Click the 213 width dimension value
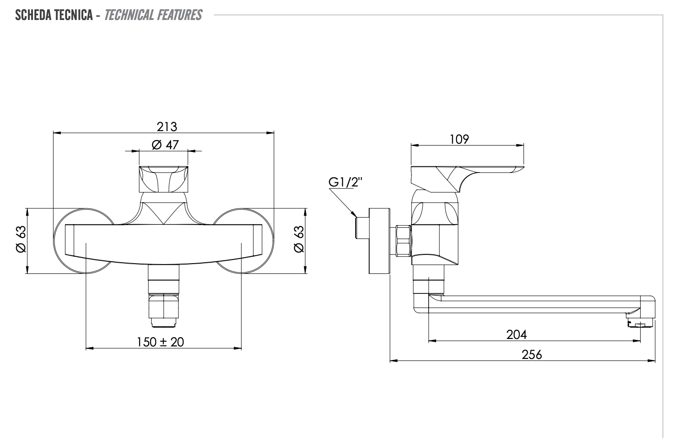pyautogui.click(x=167, y=126)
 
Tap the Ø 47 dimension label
pyautogui.click(x=165, y=145)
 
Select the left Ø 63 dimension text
pyautogui.click(x=21, y=239)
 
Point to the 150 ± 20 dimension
pyautogui.click(x=160, y=342)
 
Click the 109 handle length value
pyautogui.click(x=459, y=139)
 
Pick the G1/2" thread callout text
pyautogui.click(x=345, y=182)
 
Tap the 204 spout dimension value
pyautogui.click(x=516, y=334)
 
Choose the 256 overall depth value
pyautogui.click(x=531, y=355)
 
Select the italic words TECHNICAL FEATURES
pyautogui.click(x=153, y=15)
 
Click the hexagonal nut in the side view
pyautogui.click(x=403, y=240)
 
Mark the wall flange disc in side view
pyautogui.click(x=379, y=240)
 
